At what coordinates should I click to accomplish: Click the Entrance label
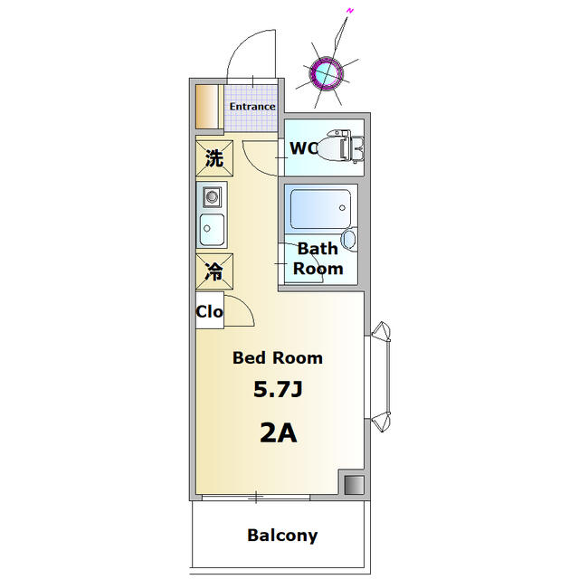coord(252,107)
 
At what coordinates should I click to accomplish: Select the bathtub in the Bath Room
coord(318,208)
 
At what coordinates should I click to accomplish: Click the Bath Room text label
coord(318,259)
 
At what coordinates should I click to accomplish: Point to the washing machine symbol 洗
coord(214,159)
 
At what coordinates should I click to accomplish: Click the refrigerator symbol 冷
coord(214,271)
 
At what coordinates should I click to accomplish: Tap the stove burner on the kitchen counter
coord(213,196)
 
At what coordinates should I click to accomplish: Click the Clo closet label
coord(209,312)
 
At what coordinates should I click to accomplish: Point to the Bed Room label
coord(277,357)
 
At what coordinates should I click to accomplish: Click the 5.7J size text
coord(277,391)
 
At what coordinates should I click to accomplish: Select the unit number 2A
coord(278,432)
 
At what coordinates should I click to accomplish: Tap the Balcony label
coord(282,535)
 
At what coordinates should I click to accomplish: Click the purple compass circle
coord(324,72)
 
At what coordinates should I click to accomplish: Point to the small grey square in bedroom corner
coord(351,484)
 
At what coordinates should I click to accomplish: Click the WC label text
coord(304,147)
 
